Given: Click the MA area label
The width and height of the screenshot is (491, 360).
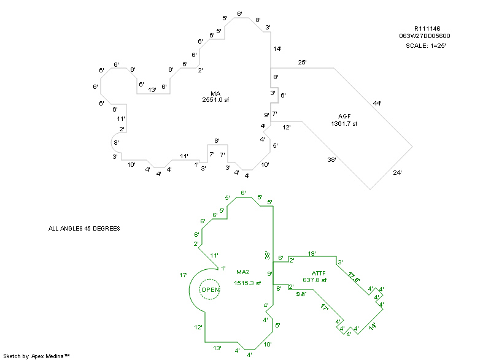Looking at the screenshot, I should pyautogui.click(x=215, y=93).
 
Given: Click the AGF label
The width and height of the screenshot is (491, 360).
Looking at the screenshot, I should pyautogui.click(x=344, y=117).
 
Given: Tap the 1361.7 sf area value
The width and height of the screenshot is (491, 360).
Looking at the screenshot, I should pyautogui.click(x=344, y=124).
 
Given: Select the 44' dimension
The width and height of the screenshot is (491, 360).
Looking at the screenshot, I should pyautogui.click(x=377, y=103).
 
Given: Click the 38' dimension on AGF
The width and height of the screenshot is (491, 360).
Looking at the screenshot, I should pyautogui.click(x=331, y=159).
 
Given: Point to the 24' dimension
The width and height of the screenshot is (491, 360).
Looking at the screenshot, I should pyautogui.click(x=397, y=174).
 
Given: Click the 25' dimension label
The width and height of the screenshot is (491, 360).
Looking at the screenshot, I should pyautogui.click(x=302, y=63).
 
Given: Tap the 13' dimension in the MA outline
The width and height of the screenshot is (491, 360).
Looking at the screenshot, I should pyautogui.click(x=152, y=90).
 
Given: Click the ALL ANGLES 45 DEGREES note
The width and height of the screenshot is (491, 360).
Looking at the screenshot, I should pyautogui.click(x=84, y=229).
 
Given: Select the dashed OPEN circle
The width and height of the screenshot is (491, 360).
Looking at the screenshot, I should pyautogui.click(x=210, y=289).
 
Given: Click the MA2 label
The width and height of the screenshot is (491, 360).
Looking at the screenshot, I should pyautogui.click(x=243, y=272).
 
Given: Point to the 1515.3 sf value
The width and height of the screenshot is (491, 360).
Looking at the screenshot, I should pyautogui.click(x=247, y=283).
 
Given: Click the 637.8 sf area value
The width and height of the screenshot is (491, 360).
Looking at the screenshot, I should pyautogui.click(x=314, y=280).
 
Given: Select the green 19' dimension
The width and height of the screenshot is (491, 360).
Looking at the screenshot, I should pyautogui.click(x=312, y=253).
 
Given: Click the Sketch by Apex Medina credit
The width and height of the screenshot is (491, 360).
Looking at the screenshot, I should pyautogui.click(x=37, y=356).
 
